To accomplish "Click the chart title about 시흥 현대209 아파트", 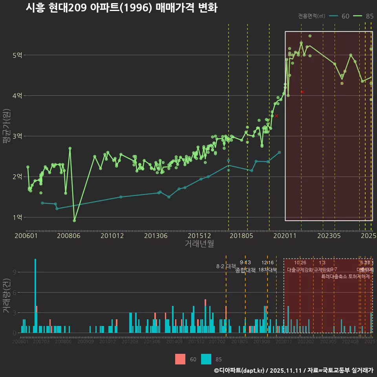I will [121, 8].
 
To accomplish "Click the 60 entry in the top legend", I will [345, 16].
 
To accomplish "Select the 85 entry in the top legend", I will [369, 16].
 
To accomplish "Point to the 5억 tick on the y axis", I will [17, 55].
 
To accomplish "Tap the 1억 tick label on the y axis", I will [17, 217].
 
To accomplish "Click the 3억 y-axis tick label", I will [17, 136].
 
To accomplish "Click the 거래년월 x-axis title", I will [199, 243].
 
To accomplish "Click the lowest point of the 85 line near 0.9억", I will [75, 220].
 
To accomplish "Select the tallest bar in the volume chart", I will [35, 296].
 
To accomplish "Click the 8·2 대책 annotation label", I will [226, 266].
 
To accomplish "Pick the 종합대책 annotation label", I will [245, 270].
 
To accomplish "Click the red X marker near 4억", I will [302, 92].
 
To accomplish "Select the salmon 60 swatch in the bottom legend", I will [180, 359].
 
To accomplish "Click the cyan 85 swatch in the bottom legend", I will [206, 359].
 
